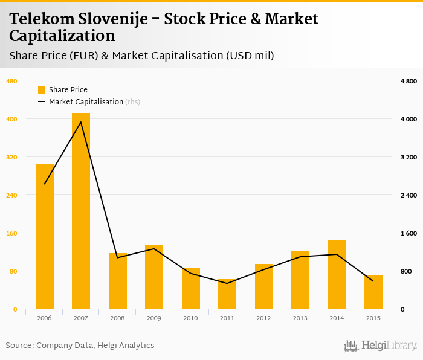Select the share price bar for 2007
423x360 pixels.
[x=81, y=211]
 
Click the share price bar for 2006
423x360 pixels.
[x=45, y=236]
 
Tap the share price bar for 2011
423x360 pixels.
[x=227, y=294]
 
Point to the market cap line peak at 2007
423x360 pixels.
[x=81, y=122]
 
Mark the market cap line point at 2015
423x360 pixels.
[x=373, y=281]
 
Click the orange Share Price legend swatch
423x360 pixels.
[x=42, y=90]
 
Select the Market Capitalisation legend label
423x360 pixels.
[x=86, y=102]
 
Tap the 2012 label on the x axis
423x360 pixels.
[x=264, y=318]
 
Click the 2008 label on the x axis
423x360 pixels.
[x=118, y=318]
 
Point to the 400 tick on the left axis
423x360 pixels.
[x=11, y=119]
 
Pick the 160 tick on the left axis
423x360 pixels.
[x=11, y=233]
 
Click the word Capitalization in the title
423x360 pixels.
[x=62, y=36]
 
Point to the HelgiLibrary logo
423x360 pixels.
[x=380, y=346]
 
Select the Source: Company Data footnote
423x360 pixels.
[x=80, y=346]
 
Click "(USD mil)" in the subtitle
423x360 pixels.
[x=250, y=56]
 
